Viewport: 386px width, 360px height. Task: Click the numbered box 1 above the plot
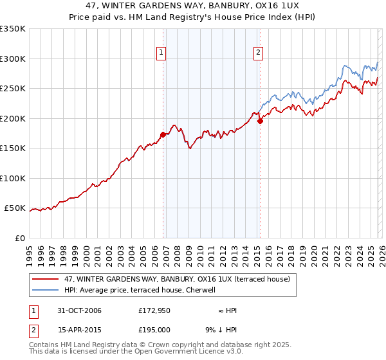click(x=160, y=53)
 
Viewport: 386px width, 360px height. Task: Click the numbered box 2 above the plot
click(x=258, y=53)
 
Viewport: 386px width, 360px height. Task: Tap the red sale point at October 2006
click(x=163, y=134)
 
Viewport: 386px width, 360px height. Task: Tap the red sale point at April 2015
click(x=260, y=120)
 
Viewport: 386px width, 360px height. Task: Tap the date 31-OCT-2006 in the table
click(x=78, y=310)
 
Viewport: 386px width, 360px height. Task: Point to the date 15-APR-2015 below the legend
click(x=78, y=330)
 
